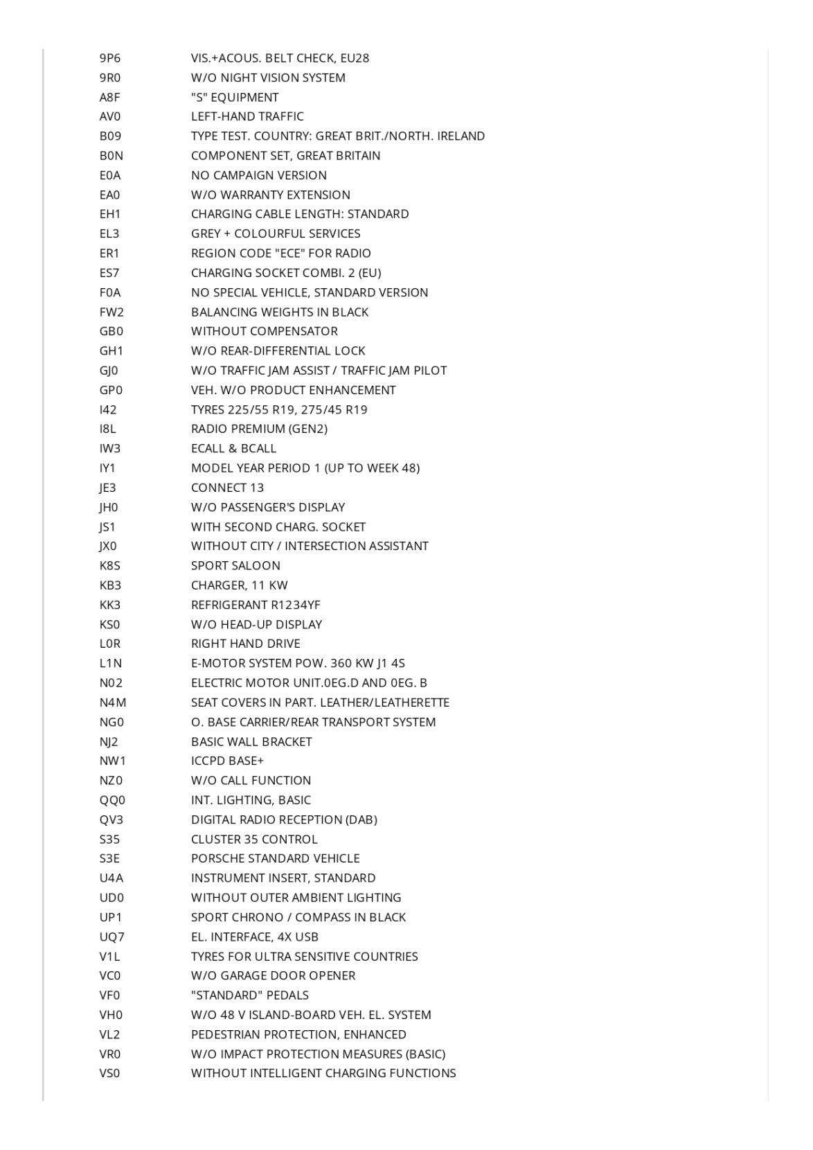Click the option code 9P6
(109, 58)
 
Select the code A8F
(109, 97)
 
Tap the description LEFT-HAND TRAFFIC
(247, 116)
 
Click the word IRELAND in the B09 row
(461, 136)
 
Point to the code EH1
(109, 214)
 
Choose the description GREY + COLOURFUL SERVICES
(276, 233)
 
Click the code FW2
(111, 312)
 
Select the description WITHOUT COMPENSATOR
(265, 331)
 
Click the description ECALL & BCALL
(233, 448)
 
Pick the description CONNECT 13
(227, 488)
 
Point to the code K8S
(109, 565)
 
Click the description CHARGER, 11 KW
(239, 585)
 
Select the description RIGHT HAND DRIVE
(246, 644)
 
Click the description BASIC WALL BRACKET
(251, 741)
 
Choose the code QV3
(111, 820)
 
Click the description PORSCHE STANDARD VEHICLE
(276, 858)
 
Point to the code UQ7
(111, 937)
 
